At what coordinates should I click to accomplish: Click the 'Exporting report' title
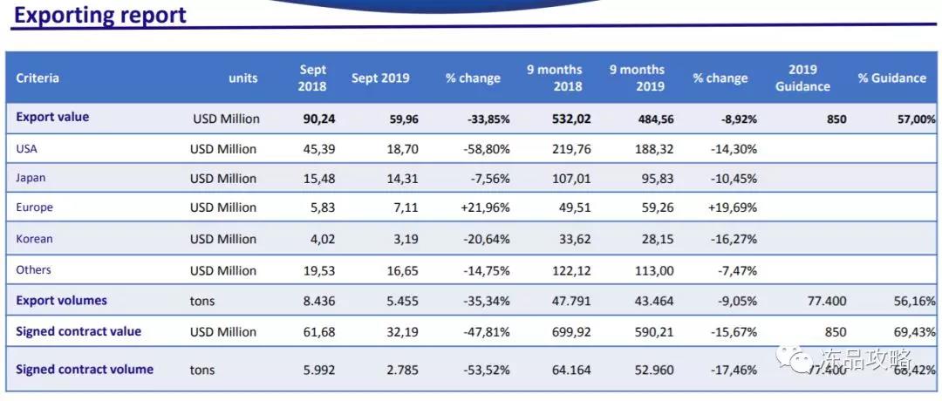click(100, 15)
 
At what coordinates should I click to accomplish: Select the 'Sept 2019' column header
click(379, 78)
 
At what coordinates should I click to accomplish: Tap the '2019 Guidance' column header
click(802, 78)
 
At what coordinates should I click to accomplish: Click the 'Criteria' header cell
click(38, 78)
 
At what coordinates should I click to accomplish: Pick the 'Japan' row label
click(31, 178)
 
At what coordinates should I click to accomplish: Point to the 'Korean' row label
click(34, 238)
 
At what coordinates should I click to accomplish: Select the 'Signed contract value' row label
click(78, 331)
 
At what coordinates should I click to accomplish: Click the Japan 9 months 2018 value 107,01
click(571, 179)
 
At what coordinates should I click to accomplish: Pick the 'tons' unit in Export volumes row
click(202, 302)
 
